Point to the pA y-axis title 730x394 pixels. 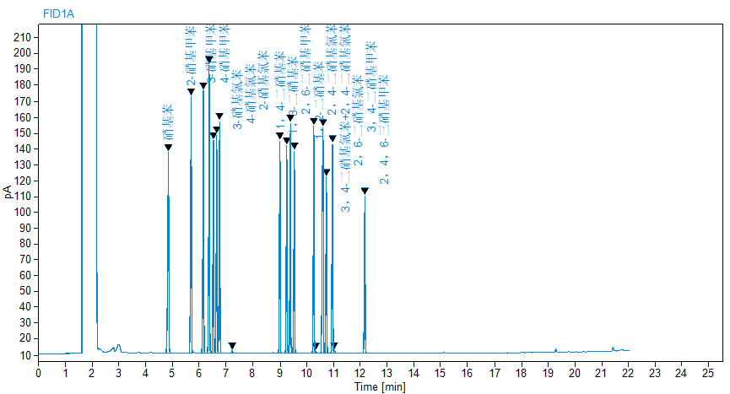click(8, 192)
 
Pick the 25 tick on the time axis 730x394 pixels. click(708, 371)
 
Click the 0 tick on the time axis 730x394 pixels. click(38, 371)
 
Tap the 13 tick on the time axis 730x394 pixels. click(387, 371)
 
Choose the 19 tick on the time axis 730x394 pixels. click(548, 371)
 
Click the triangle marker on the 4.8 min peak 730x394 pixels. click(168, 148)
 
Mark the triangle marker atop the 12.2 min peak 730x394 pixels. click(365, 191)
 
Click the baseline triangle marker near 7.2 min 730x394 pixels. click(232, 346)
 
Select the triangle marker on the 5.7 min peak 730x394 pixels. click(192, 91)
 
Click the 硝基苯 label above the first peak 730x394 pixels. click(169, 122)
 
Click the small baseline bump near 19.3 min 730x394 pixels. click(555, 349)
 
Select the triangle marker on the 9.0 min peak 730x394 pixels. click(279, 136)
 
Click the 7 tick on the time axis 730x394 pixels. click(226, 371)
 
